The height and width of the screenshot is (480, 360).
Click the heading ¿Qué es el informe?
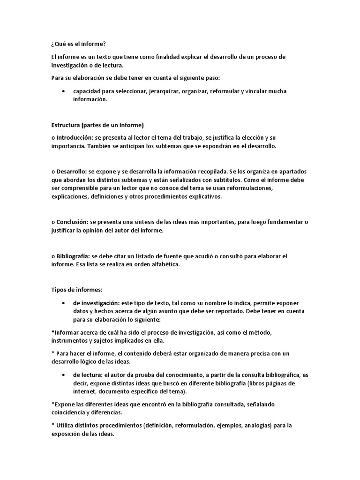tap(78, 45)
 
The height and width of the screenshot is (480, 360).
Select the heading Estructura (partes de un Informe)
tap(97, 125)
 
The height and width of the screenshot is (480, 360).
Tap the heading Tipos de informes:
tap(76, 290)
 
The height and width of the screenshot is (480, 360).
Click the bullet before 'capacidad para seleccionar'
tap(63, 91)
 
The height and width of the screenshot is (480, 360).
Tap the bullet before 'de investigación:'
tap(63, 303)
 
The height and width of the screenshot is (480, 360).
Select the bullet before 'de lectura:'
tap(63, 375)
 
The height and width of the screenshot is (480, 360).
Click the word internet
tap(84, 392)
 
